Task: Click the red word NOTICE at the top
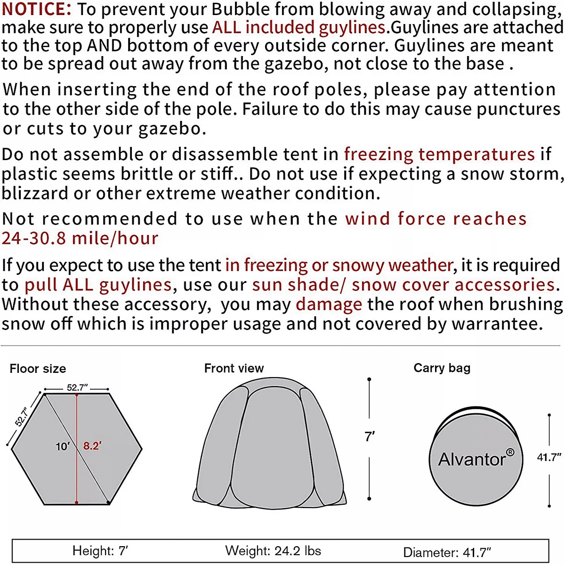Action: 37,9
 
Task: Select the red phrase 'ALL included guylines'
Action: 299,28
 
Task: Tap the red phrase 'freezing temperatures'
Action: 439,154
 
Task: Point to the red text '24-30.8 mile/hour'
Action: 80,239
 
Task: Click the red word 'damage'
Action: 329,305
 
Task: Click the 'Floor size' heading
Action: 38,369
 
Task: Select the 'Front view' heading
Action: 234,369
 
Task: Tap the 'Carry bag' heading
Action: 442,368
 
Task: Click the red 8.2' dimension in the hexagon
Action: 92,446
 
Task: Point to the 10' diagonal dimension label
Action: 63,446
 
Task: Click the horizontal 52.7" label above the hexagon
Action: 77,387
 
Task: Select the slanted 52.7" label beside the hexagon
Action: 22,417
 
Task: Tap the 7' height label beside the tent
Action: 370,437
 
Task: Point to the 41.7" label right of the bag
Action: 549,457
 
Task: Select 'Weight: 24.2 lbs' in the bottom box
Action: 273,551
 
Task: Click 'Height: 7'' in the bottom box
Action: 100,551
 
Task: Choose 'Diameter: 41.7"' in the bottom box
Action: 447,552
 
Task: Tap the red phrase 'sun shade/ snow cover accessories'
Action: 404,285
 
